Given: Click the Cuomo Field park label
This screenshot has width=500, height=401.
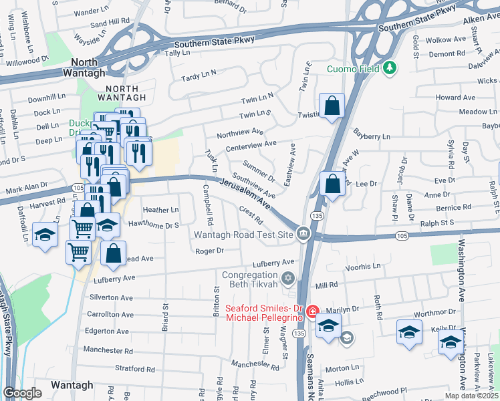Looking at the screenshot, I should tap(352, 68).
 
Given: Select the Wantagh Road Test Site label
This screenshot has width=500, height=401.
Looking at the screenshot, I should tap(243, 235).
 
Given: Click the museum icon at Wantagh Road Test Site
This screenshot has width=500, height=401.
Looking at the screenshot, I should tap(303, 233).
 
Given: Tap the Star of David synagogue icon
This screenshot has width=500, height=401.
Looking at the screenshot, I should tap(288, 278).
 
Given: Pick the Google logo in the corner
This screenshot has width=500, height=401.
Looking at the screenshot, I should tap(22, 393).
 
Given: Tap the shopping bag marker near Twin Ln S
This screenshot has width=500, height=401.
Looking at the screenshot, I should tap(332, 106).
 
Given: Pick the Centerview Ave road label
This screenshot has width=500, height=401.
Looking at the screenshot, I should tap(251, 144).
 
